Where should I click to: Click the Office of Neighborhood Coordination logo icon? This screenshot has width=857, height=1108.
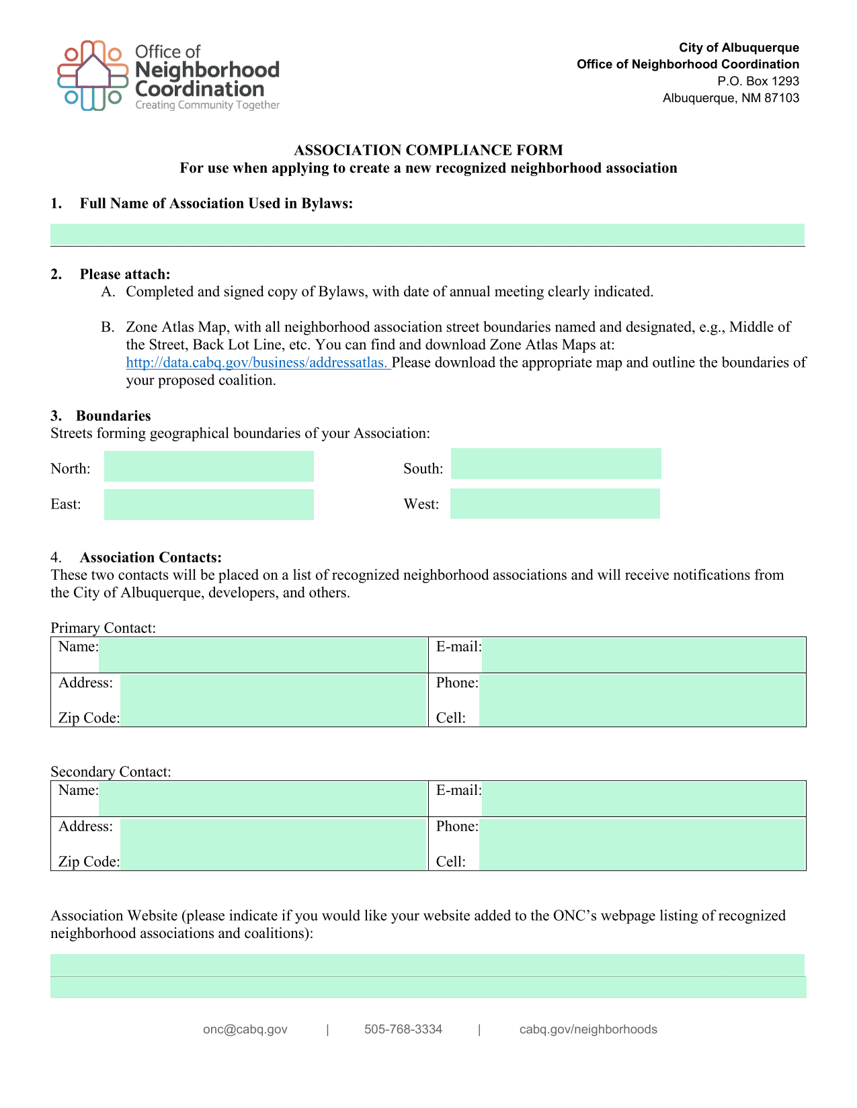point(93,75)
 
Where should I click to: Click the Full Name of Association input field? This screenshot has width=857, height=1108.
point(427,235)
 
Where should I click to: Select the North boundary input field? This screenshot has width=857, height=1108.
point(208,466)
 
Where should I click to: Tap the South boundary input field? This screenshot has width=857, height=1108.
point(556,464)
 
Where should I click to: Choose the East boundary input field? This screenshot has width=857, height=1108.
point(208,505)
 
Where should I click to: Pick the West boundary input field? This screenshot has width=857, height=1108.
point(555,504)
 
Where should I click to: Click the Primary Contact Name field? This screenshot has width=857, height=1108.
point(263,654)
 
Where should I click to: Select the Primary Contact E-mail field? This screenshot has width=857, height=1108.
point(643,654)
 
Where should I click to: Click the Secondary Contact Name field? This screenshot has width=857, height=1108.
point(263,798)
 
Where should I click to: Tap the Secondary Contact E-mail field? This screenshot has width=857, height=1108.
point(643,798)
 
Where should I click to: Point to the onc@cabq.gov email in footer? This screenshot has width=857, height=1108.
point(245,1029)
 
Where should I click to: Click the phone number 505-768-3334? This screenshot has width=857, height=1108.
point(403,1029)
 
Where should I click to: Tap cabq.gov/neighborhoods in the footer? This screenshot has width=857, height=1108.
point(588,1029)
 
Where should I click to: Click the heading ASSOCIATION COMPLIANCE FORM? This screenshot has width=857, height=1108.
point(428,150)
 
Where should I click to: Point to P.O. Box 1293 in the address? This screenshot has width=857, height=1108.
point(758,81)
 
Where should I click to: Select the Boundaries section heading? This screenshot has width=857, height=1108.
point(113,416)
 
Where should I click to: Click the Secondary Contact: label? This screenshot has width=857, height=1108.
point(111,772)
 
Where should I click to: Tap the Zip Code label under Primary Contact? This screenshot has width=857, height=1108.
point(89,718)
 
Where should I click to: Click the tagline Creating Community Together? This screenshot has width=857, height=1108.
point(207,105)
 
